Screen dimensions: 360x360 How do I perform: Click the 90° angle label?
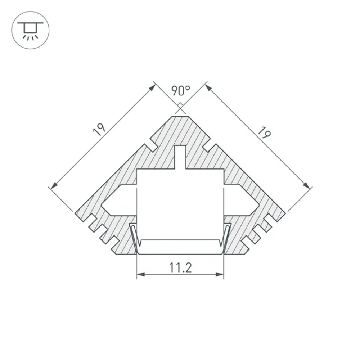tap(180, 90)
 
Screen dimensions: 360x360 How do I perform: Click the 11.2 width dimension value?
tap(180, 268)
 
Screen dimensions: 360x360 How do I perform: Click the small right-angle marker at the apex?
tap(180, 106)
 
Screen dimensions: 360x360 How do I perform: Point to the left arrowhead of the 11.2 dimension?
tap(141, 275)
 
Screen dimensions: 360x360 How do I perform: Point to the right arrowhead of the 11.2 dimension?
tap(220, 275)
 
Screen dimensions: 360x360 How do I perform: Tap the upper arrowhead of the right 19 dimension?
tap(208, 87)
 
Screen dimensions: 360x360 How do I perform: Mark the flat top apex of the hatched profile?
tap(180, 116)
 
